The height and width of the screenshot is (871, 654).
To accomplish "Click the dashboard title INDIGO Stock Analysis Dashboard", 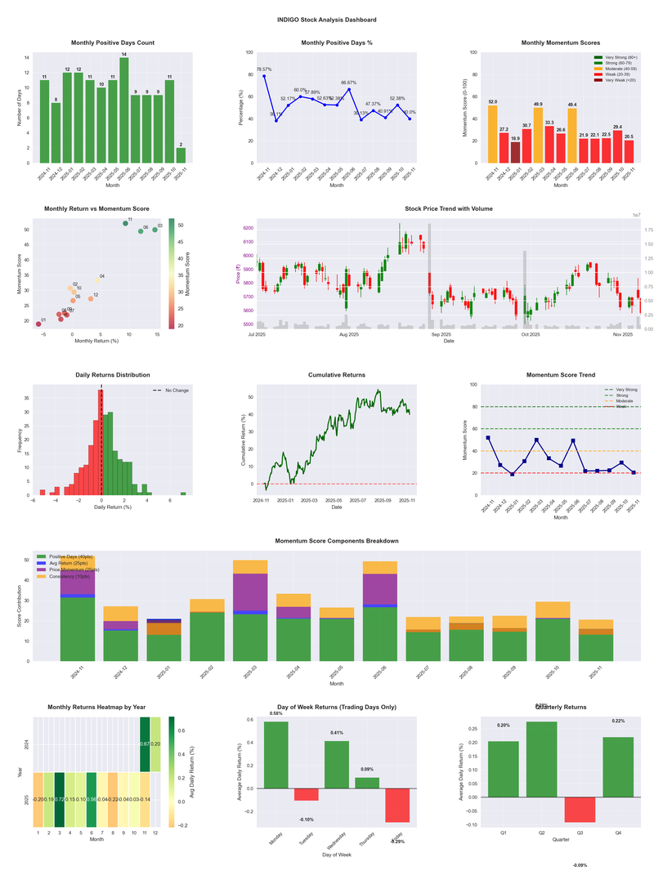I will [326, 19].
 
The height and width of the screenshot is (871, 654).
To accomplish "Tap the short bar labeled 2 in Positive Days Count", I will [180, 155].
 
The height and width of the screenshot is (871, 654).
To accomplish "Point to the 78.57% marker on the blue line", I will [264, 76].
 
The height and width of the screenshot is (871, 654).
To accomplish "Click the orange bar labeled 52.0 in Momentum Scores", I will [492, 134].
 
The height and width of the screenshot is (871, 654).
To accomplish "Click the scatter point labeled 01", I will [38, 324].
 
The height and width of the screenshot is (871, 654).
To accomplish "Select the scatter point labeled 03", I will [155, 230].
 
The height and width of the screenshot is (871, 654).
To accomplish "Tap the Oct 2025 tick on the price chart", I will [531, 334].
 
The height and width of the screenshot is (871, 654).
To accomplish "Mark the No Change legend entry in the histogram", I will [171, 391].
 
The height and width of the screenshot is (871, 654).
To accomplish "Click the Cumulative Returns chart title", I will [336, 375].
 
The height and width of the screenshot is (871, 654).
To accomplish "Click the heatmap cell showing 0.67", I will [144, 744].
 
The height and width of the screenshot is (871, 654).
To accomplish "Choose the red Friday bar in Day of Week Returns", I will [397, 805].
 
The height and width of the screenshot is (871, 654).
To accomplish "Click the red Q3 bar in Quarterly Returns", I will [580, 809].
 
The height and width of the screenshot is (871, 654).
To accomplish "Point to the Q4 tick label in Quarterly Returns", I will [618, 833].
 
